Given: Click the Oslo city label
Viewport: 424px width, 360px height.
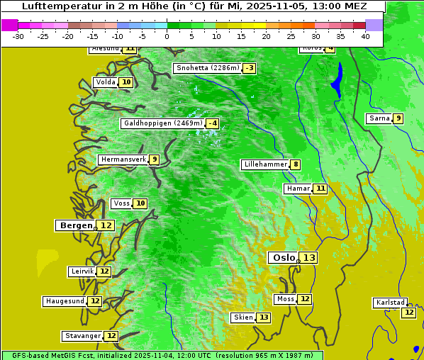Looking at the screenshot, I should coord(284,258).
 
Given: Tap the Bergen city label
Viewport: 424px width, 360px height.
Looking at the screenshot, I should coord(75,225).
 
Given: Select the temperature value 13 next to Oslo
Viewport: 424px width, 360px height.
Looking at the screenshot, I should coord(308,258).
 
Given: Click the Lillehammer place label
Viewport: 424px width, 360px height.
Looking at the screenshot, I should coord(265,164).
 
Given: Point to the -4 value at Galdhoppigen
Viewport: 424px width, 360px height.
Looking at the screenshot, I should coord(211,123).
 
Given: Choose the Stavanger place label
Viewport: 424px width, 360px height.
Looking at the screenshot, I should coord(82,336).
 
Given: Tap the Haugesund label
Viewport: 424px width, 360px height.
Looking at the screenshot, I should coord(65,301).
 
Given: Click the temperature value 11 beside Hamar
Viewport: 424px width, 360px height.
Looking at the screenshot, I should coord(320,189).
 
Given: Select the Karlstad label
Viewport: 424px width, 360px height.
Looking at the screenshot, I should coord(391,303).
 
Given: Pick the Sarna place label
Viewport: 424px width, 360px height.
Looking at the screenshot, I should coord(379,118).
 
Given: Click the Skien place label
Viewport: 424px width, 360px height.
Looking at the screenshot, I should coord(243,317).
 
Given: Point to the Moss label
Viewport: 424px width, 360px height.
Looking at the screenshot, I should coord(285,299).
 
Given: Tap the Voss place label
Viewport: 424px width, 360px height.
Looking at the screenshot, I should coord(121,203).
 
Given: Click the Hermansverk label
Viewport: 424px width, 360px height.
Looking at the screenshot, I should coord(123,159).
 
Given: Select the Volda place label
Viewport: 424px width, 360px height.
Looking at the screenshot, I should coord(105,82).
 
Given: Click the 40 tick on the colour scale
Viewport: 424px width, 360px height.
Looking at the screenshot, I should coord(365,36).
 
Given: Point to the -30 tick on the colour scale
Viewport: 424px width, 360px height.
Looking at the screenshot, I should coord(18,36).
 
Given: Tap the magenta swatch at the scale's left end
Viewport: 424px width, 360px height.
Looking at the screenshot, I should coord(9,25).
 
